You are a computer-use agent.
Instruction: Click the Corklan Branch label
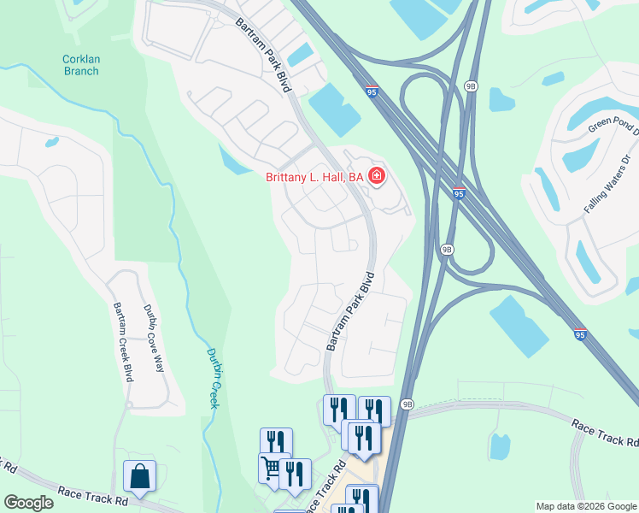[80, 65]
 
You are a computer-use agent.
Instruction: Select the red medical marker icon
[376, 177]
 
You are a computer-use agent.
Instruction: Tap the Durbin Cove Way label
[152, 339]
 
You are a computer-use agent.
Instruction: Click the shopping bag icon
[139, 475]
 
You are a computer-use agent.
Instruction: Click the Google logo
[28, 503]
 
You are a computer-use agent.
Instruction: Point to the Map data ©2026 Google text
[586, 506]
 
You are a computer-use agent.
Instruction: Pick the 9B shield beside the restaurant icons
[407, 404]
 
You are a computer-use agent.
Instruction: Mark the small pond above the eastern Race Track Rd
[500, 446]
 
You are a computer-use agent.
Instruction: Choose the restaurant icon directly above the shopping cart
[276, 442]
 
